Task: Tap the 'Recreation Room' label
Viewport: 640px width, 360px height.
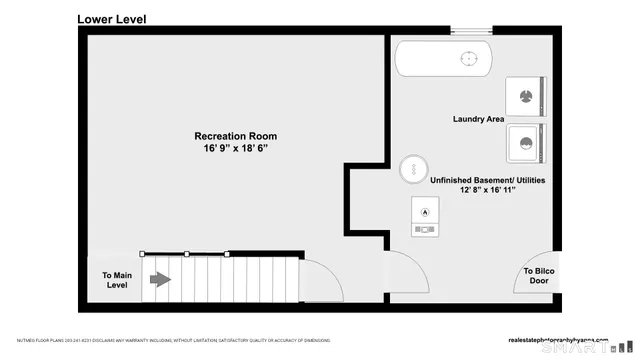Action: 235,136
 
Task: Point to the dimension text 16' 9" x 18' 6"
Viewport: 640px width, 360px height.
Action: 235,148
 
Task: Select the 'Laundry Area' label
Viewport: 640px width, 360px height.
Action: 477,120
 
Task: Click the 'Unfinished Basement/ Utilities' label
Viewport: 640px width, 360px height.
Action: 488,180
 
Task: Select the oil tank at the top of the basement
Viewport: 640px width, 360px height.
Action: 441,59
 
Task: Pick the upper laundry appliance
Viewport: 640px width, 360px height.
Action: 524,98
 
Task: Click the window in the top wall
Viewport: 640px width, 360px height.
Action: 470,30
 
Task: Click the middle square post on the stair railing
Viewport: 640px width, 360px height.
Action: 186,254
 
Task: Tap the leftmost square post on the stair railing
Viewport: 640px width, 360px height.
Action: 142,254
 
